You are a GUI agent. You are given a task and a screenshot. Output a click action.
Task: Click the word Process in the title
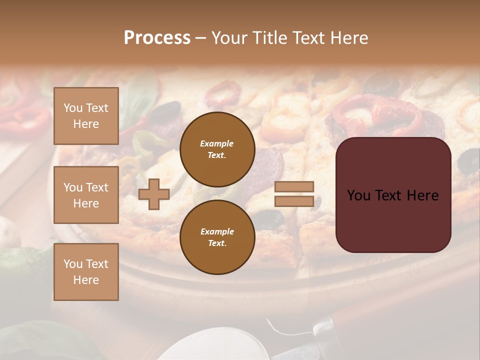tap(157, 38)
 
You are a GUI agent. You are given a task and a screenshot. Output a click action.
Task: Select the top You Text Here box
tap(86, 116)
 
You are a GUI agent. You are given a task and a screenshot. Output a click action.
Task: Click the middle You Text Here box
tap(86, 195)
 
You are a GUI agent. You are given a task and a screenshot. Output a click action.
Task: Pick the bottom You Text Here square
tap(86, 271)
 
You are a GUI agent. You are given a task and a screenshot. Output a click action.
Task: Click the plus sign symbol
tap(154, 194)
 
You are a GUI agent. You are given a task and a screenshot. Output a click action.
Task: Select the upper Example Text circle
tap(217, 149)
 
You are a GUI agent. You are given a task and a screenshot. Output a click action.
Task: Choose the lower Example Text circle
tap(217, 237)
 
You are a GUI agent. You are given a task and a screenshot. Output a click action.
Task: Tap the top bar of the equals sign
tap(294, 186)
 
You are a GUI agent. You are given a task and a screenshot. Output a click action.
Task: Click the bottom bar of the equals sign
tap(294, 201)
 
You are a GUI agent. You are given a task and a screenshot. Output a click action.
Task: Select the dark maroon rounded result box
tap(393, 195)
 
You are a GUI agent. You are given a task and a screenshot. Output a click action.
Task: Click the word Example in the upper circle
tap(216, 143)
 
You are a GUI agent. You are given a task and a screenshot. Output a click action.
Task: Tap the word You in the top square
tap(73, 108)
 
